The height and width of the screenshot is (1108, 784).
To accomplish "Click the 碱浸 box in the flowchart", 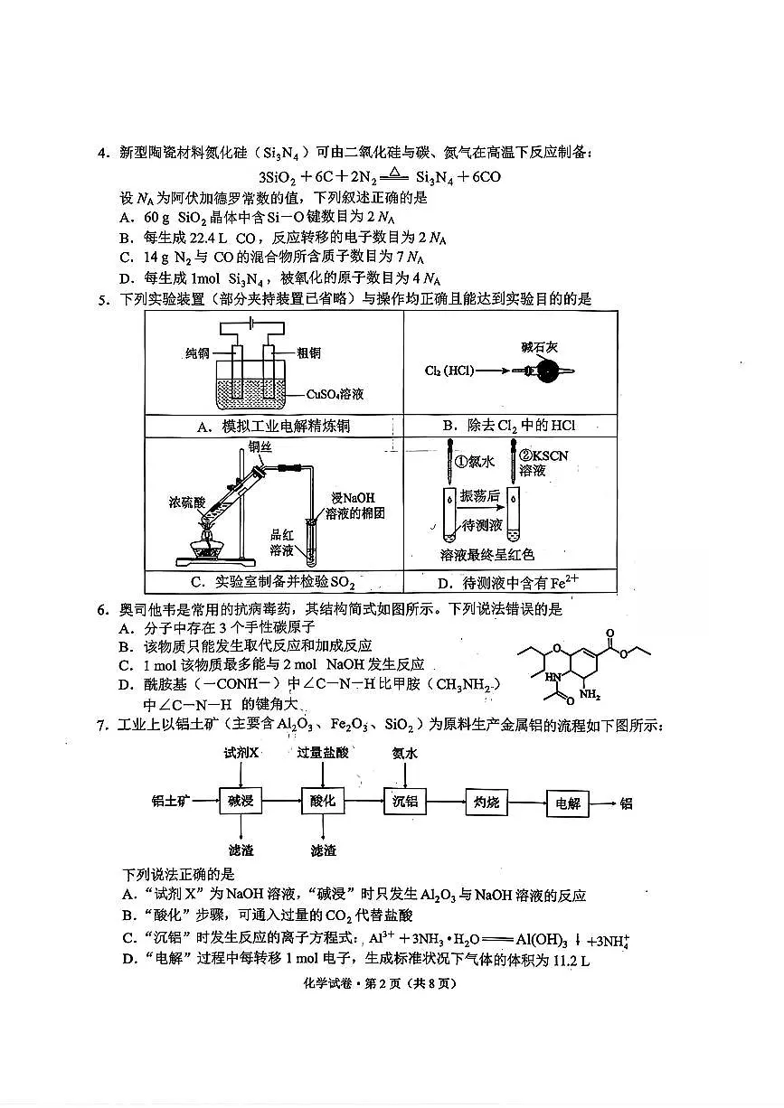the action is [x=240, y=802].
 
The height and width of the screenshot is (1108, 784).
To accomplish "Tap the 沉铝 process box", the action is [x=403, y=802].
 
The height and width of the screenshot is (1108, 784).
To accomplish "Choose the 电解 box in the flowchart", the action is [x=569, y=803].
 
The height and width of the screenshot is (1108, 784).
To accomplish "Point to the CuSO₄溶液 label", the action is [x=336, y=394].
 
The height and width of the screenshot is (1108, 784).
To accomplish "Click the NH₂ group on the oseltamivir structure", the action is [x=590, y=695].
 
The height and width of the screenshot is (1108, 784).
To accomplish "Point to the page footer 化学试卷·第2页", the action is [x=392, y=983].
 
